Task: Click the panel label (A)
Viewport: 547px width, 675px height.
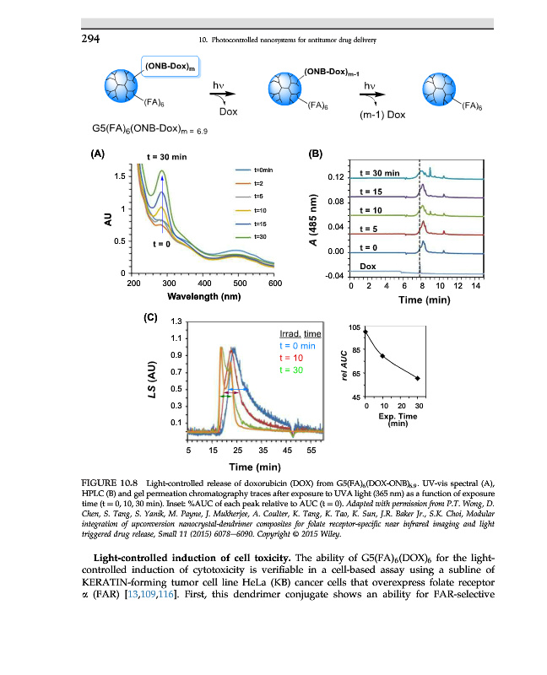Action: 99,154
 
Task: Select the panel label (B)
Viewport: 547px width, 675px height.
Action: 317,154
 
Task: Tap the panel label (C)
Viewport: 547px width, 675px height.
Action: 151,318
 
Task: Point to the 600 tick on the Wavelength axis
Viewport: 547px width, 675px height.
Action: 273,284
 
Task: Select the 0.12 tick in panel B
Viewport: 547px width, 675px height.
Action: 335,178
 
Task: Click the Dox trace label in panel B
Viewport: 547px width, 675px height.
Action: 368,266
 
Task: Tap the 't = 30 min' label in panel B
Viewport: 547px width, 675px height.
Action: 380,174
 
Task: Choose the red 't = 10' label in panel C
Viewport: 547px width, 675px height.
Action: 290,358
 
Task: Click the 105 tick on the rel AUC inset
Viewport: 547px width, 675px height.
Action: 353,327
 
